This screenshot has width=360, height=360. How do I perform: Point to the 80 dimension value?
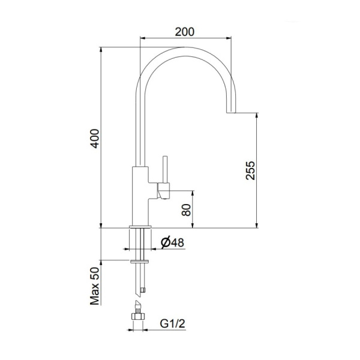point(185,210)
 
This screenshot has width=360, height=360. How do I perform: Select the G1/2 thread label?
point(172,325)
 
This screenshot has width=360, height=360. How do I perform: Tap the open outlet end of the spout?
point(231,112)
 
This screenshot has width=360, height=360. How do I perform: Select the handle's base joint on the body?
point(163,192)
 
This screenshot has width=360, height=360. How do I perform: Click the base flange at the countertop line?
point(140,226)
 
